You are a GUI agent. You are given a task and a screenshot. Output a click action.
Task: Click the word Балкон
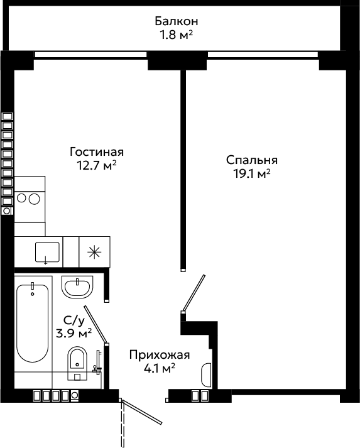click(177, 21)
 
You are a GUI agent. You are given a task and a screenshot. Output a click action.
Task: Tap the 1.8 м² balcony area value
click(177, 35)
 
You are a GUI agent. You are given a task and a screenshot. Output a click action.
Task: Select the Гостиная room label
click(97, 151)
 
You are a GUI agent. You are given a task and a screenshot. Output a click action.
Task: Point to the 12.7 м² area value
click(97, 165)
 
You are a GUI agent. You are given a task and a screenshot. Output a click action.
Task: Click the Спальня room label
click(252, 160)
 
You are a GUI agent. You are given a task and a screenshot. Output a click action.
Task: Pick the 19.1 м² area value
click(252, 173)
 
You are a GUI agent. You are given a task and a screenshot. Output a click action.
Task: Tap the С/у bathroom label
click(74, 320)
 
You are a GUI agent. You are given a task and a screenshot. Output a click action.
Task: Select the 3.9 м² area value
click(74, 333)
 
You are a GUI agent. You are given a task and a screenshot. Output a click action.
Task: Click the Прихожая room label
click(160, 355)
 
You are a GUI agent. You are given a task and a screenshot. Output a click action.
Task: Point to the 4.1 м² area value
click(160, 369)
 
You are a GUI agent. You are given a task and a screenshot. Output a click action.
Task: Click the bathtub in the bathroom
click(33, 324)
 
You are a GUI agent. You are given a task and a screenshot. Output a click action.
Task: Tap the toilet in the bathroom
click(77, 363)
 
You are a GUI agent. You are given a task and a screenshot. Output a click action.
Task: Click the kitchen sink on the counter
click(47, 252)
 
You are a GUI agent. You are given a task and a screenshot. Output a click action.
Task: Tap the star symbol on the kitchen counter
click(94, 252)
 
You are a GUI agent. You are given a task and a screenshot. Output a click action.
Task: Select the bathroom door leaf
click(95, 325)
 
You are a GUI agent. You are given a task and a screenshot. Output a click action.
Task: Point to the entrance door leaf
click(142, 412)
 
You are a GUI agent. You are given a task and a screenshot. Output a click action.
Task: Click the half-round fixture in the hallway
click(206, 375)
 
